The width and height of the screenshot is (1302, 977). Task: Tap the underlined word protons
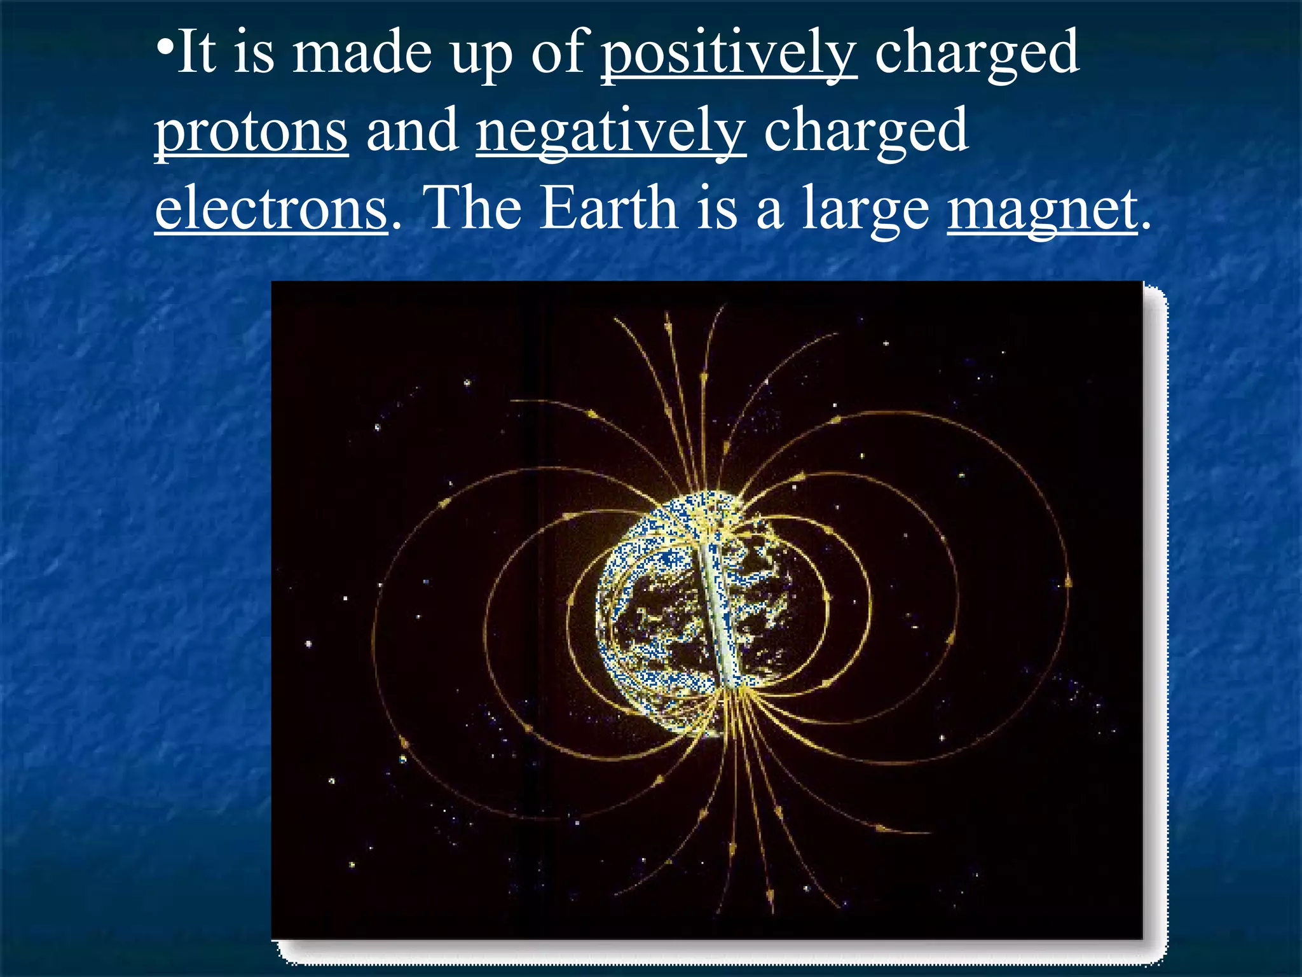pos(252,131)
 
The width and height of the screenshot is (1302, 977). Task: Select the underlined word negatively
pos(611,131)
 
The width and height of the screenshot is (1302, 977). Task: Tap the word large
pos(865,210)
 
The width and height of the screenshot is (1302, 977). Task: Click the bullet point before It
pos(164,48)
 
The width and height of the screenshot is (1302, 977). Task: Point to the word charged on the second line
pos(866,131)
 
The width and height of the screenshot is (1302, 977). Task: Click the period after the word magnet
pos(1146,225)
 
